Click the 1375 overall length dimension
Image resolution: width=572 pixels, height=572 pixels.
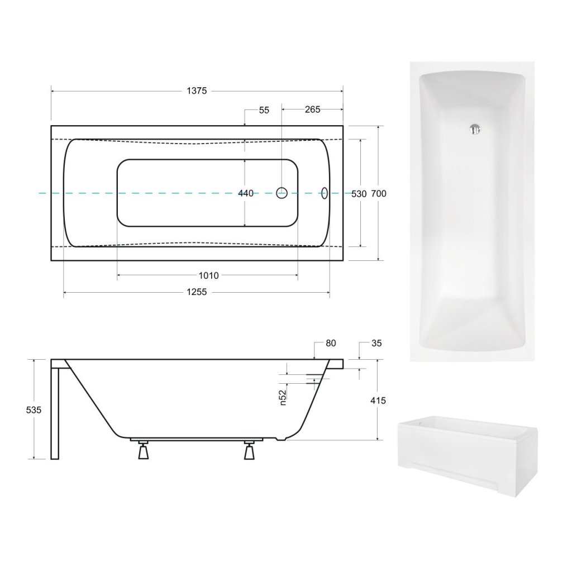pyautogui.click(x=197, y=91)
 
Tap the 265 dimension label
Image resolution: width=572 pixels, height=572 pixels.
pyautogui.click(x=312, y=109)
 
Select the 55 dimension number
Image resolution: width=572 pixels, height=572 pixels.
pyautogui.click(x=264, y=110)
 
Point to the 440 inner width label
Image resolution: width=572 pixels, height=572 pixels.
pyautogui.click(x=246, y=193)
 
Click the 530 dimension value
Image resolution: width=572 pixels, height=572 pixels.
pyautogui.click(x=359, y=194)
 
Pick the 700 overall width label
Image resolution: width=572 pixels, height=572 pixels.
pyautogui.click(x=378, y=193)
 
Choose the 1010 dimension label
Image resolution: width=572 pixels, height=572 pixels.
pyautogui.click(x=208, y=275)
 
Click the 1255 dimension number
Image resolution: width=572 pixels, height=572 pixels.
pyautogui.click(x=197, y=292)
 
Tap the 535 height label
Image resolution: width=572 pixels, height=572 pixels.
pyautogui.click(x=34, y=409)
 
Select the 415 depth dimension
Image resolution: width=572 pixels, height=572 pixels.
pyautogui.click(x=378, y=400)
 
